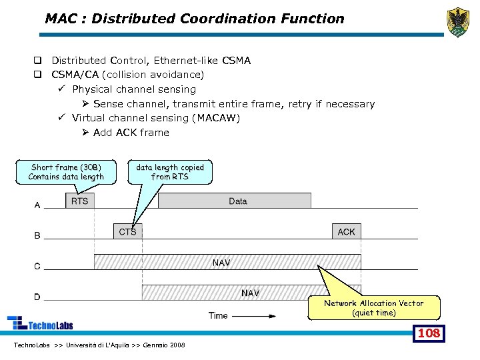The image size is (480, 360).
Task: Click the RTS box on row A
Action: (x=79, y=201)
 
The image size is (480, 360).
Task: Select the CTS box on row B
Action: (x=127, y=231)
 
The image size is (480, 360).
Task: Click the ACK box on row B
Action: (x=346, y=231)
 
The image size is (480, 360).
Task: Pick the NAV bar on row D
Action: (x=251, y=293)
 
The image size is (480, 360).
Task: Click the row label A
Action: (x=37, y=205)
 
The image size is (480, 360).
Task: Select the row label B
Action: (x=37, y=236)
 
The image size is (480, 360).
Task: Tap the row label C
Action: (x=37, y=267)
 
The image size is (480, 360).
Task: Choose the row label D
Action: (x=37, y=297)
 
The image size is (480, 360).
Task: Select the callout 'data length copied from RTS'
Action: (x=170, y=172)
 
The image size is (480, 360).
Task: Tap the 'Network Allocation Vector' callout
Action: (x=373, y=308)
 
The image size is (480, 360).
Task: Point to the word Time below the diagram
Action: (x=218, y=315)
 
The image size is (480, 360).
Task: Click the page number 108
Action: (x=428, y=333)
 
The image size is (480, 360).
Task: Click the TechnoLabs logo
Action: (x=40, y=323)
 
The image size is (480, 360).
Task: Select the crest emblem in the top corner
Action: (x=457, y=21)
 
